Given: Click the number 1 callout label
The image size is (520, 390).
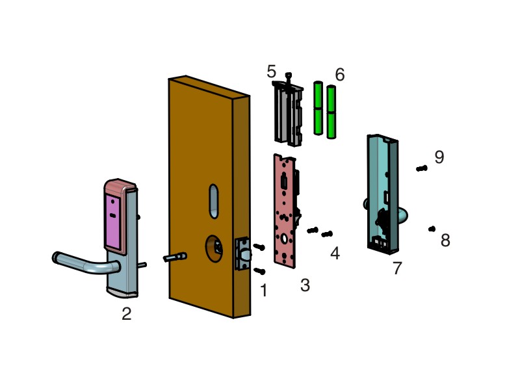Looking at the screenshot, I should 263,291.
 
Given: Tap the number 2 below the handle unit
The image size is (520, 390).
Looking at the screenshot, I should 127,314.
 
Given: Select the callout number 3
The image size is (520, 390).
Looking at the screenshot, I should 305,285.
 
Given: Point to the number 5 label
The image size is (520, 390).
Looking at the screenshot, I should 271,72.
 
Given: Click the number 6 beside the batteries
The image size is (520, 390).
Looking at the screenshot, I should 339,75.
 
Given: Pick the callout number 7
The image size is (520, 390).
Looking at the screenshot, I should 397,268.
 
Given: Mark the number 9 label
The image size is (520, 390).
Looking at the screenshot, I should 439,157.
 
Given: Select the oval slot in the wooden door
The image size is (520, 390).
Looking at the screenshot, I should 214,201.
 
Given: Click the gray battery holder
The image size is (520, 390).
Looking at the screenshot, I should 288,114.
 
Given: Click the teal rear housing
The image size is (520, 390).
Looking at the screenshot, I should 382,195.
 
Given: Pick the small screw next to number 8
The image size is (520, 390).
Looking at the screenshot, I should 432,229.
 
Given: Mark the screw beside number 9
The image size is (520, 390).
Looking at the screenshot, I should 421,168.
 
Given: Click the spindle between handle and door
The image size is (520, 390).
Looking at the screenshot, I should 175,257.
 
